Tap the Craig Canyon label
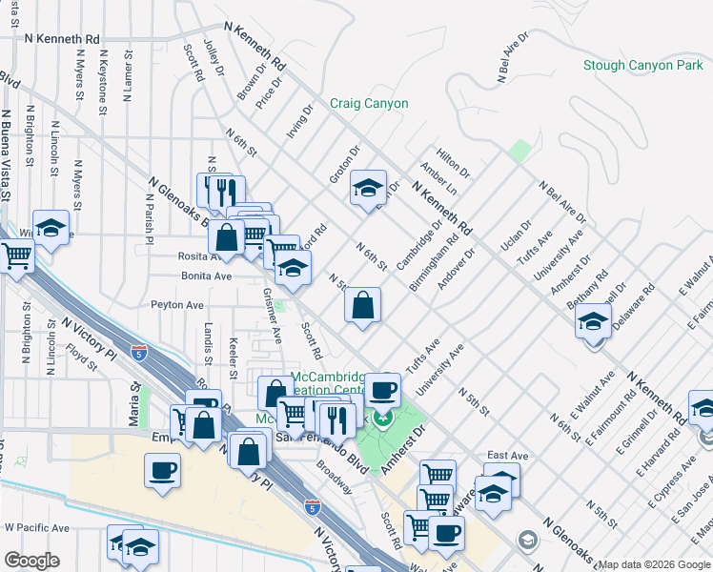[x=369, y=104]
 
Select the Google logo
[x=32, y=561]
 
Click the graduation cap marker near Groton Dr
[x=367, y=188]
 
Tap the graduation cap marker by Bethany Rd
[x=593, y=321]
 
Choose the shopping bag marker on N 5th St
[x=363, y=306]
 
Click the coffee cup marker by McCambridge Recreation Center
[x=383, y=389]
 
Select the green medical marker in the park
[x=383, y=418]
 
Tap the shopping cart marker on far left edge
[x=16, y=255]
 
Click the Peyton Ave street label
[x=177, y=305]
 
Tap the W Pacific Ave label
[x=37, y=527]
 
